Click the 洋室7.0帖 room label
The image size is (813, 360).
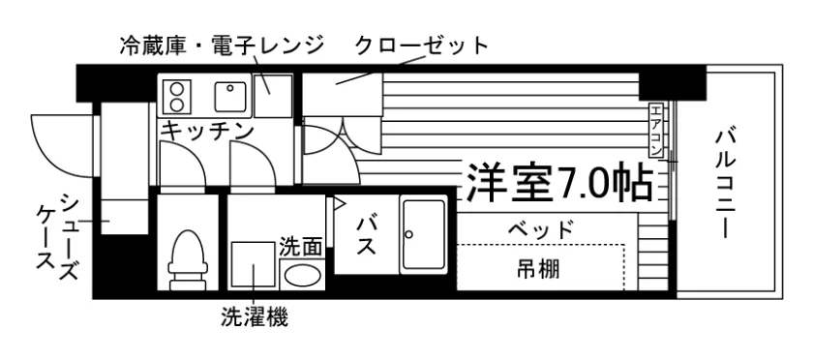[x=559, y=183]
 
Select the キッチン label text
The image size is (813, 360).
[x=207, y=131]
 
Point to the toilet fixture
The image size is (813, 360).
[x=187, y=260]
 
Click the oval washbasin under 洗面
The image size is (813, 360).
[x=302, y=275]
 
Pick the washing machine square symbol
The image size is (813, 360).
[x=253, y=264]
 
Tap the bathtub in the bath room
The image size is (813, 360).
[x=423, y=234]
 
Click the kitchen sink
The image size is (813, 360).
[x=230, y=97]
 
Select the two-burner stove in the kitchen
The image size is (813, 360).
[x=177, y=97]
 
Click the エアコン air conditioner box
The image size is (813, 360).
[x=656, y=131]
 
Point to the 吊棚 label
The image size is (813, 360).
[x=538, y=269]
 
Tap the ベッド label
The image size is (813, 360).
[x=541, y=228]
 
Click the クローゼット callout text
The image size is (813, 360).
[x=422, y=46]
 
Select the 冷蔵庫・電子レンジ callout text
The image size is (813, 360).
[x=222, y=45]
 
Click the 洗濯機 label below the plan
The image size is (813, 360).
[x=254, y=317]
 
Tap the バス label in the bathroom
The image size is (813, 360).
[x=366, y=236]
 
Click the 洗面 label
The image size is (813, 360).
[x=301, y=247]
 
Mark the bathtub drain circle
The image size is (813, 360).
[x=408, y=234]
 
